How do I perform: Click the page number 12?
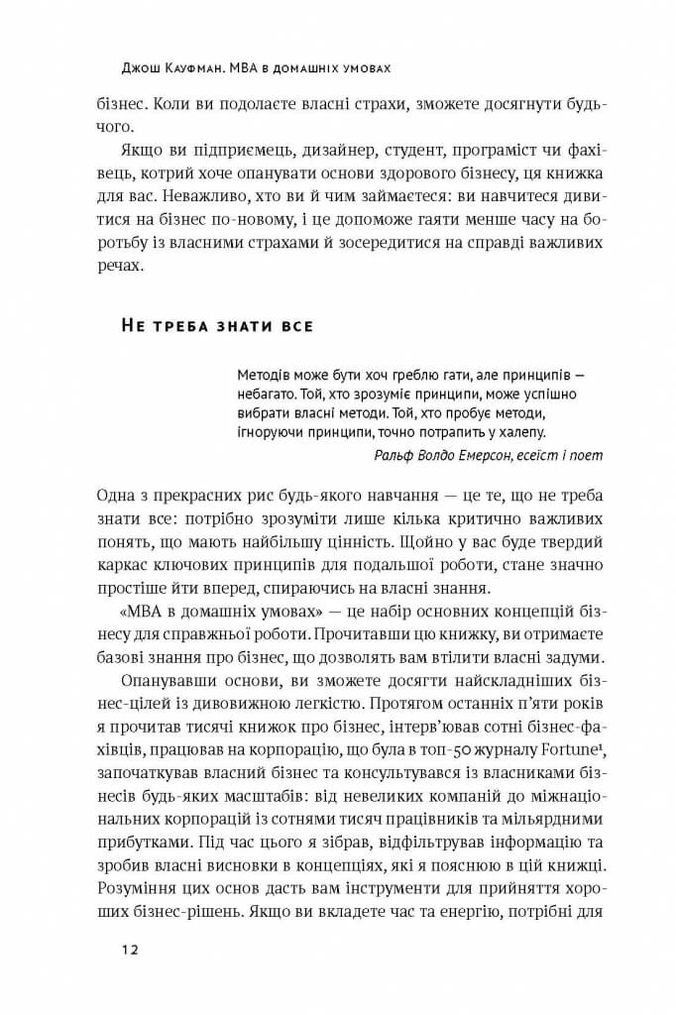pos(129,949)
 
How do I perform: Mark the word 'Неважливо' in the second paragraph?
pos(187,198)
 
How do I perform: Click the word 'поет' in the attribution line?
pos(586,454)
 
